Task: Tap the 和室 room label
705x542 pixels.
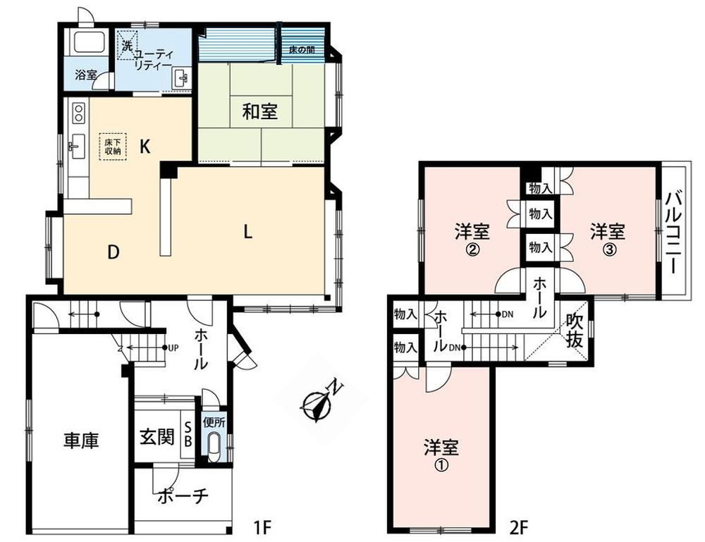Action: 260,111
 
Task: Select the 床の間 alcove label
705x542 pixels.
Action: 301,49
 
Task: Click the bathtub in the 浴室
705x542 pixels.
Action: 90,42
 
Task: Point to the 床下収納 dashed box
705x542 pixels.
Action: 113,147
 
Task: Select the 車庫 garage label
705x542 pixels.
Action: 81,441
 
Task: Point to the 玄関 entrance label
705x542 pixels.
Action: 157,436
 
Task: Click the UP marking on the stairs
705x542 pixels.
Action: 173,347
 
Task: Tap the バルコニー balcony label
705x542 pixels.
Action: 674,233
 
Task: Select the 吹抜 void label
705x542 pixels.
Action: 575,331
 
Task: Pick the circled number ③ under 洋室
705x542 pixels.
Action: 608,250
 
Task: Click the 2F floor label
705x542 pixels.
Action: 518,526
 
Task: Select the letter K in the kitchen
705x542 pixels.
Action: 145,147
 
